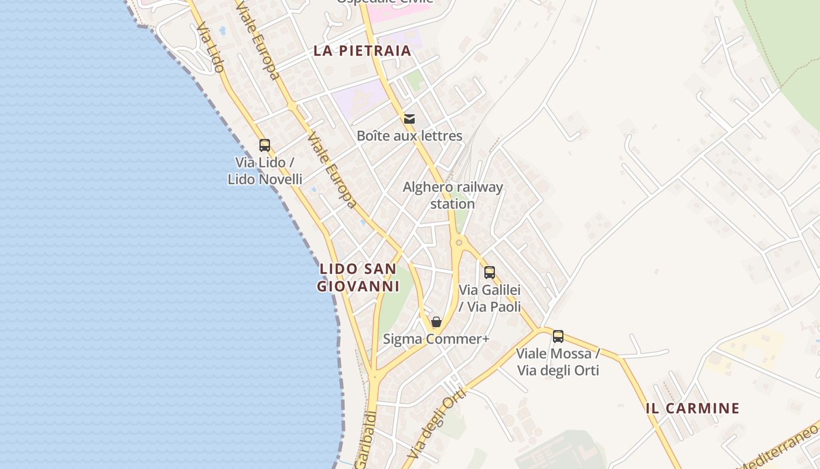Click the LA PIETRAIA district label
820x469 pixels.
(x=362, y=50)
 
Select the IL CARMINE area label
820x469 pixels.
(x=692, y=409)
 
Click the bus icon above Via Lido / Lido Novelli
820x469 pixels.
(x=265, y=145)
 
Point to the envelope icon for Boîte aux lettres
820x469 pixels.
(x=409, y=119)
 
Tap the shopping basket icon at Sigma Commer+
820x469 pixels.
(x=436, y=322)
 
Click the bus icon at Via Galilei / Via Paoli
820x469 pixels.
(x=490, y=272)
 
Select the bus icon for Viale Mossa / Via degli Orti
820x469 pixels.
(x=558, y=337)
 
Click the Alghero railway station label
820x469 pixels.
(x=453, y=195)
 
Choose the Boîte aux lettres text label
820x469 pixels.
(x=409, y=136)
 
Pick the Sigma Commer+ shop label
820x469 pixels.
(x=436, y=339)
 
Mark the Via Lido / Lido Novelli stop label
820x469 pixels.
(x=265, y=171)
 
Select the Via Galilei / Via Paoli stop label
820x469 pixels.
(x=490, y=298)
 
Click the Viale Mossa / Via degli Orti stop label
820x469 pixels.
(x=558, y=362)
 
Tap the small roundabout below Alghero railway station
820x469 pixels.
(x=459, y=242)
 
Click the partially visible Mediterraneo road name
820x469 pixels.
(x=779, y=448)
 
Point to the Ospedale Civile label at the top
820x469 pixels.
(x=384, y=2)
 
